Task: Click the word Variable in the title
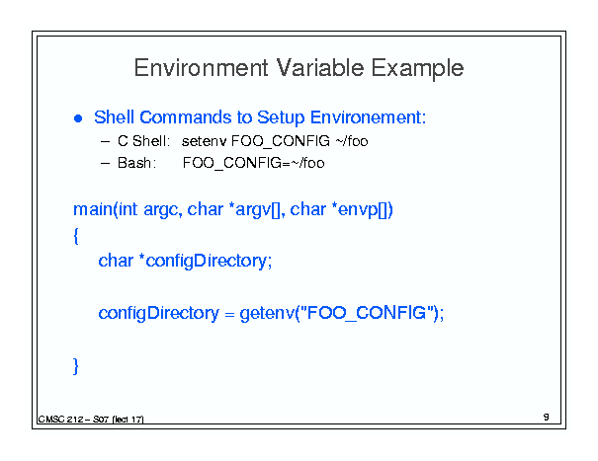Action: (x=319, y=68)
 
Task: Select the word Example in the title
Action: (x=417, y=69)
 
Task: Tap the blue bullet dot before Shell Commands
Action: (x=78, y=118)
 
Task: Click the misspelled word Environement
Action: (x=368, y=117)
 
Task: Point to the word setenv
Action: (x=204, y=141)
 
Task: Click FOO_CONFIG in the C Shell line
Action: (x=281, y=142)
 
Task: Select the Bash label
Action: (x=136, y=163)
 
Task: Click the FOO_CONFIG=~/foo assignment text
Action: (x=254, y=164)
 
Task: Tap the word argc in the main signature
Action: (x=162, y=210)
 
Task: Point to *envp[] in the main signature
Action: (x=363, y=209)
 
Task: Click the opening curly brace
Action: (x=76, y=236)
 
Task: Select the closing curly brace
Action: (x=76, y=366)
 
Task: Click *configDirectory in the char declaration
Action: (x=206, y=262)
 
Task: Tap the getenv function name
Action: (x=267, y=314)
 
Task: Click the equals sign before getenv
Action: (x=229, y=315)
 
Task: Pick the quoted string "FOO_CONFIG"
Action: (x=367, y=313)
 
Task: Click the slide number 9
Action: (x=547, y=417)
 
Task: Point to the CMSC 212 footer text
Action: (x=91, y=420)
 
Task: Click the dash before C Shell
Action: (x=105, y=142)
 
